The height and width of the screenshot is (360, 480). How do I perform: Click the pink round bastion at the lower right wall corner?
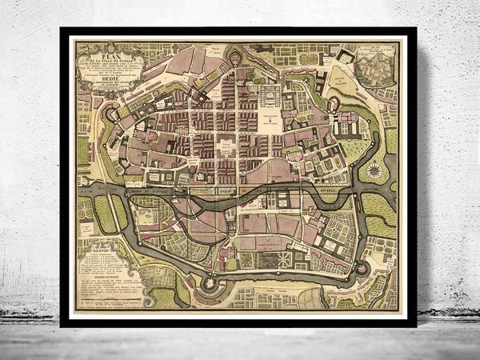click(362, 270)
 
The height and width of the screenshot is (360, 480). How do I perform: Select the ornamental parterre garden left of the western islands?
click(85, 210)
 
